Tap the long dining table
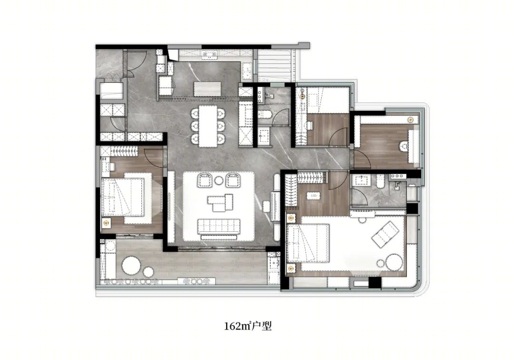pyautogui.click(x=208, y=126)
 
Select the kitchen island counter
pyautogui.click(x=208, y=89)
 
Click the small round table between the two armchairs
pyautogui.click(x=218, y=180)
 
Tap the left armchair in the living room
pyautogui.click(x=204, y=180)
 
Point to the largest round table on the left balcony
pyautogui.click(x=131, y=264)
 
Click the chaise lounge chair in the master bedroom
pyautogui.click(x=385, y=234)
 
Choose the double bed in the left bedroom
pyautogui.click(x=123, y=197)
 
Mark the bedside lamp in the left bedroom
pyautogui.click(x=106, y=223)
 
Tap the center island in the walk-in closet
pyautogui.click(x=312, y=196)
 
